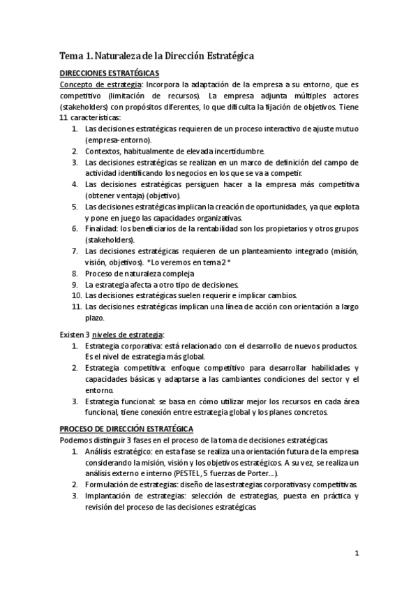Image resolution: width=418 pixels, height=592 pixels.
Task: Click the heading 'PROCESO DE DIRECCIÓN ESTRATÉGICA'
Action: [x=126, y=428]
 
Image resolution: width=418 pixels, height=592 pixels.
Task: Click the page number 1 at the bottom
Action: [x=356, y=554]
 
